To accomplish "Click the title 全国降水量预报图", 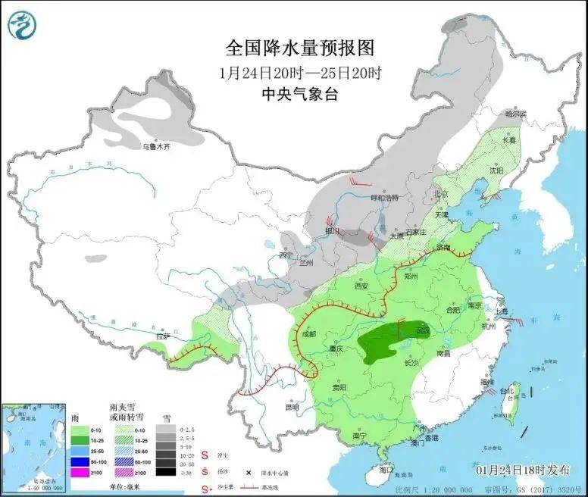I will pyautogui.click(x=300, y=48).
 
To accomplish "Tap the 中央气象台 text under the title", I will pyautogui.click(x=299, y=94).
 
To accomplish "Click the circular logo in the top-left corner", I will pyautogui.click(x=22, y=26).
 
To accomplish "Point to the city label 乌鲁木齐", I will pyautogui.click(x=156, y=146).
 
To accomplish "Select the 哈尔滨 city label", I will pyautogui.click(x=515, y=114).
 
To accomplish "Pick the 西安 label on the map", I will pyautogui.click(x=361, y=286).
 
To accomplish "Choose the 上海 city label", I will pyautogui.click(x=501, y=311).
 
